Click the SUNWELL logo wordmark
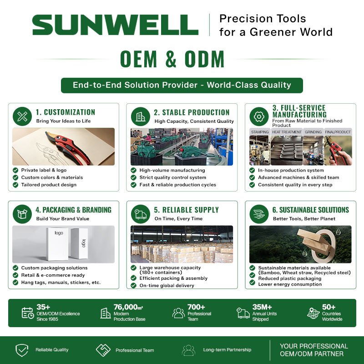(115, 25)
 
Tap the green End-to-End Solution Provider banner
(182, 85)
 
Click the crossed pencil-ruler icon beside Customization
(22, 116)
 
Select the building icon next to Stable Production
(141, 116)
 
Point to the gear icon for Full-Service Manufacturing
(259, 116)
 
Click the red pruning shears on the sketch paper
(67, 147)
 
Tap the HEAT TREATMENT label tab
(287, 132)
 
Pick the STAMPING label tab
(260, 132)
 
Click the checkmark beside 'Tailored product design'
(15, 185)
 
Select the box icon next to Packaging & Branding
(22, 214)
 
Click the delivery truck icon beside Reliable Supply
(141, 214)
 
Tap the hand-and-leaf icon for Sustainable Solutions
(259, 214)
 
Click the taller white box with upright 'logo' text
(57, 244)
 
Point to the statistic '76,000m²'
(128, 307)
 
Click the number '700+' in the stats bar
(196, 307)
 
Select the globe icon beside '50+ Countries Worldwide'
(313, 313)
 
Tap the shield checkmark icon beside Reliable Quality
(22, 350)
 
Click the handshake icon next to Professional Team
(103, 350)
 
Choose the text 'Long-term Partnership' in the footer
(227, 349)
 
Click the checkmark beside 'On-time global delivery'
(133, 285)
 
